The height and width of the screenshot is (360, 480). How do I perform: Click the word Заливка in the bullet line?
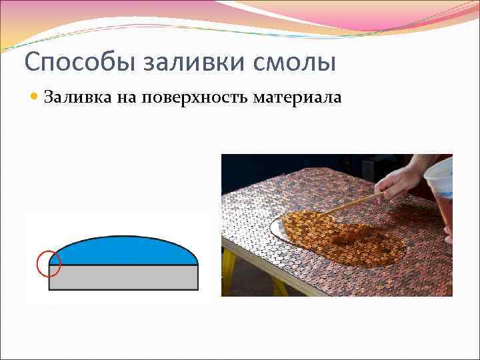pyautogui.click(x=73, y=98)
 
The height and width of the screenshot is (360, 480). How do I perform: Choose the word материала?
pyautogui.click(x=298, y=98)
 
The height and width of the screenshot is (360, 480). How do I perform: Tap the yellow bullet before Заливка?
pyautogui.click(x=35, y=98)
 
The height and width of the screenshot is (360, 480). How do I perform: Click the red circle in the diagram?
pyautogui.click(x=49, y=264)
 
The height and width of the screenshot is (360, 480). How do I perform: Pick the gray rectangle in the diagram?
pyautogui.click(x=123, y=277)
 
